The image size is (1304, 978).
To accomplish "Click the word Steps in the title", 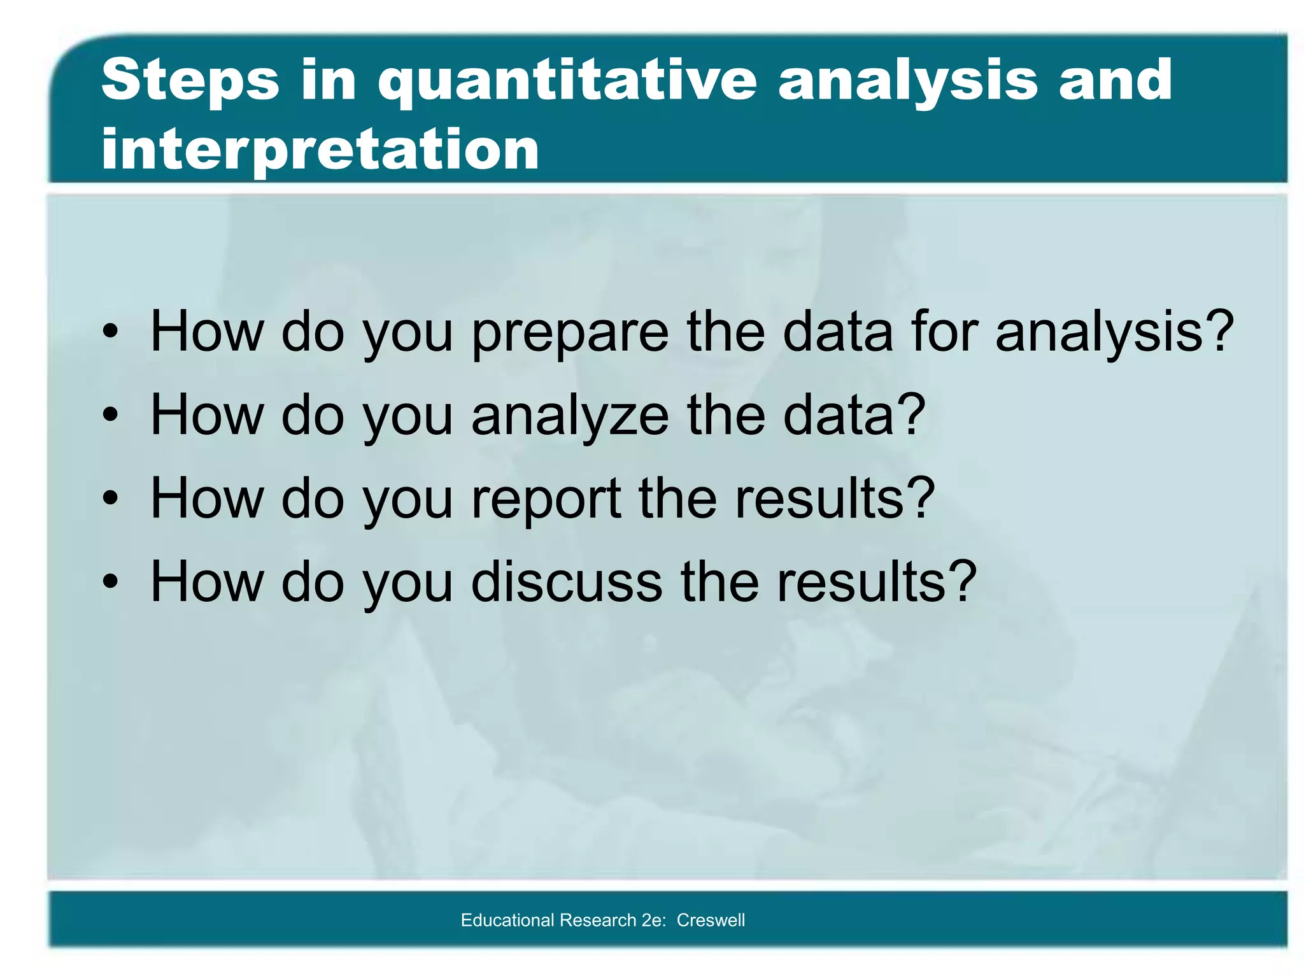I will coord(190,81).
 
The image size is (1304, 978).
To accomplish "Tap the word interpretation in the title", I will coord(320,150).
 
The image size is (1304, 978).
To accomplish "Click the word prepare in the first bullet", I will coord(570,332).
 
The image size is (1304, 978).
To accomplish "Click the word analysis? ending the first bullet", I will coord(1114,332).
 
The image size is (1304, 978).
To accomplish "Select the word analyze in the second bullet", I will coord(570,416).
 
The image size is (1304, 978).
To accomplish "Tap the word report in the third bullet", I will coord(546,499).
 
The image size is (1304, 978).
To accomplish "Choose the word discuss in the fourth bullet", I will coord(567,582).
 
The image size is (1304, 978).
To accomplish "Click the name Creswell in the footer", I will coord(711,920).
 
